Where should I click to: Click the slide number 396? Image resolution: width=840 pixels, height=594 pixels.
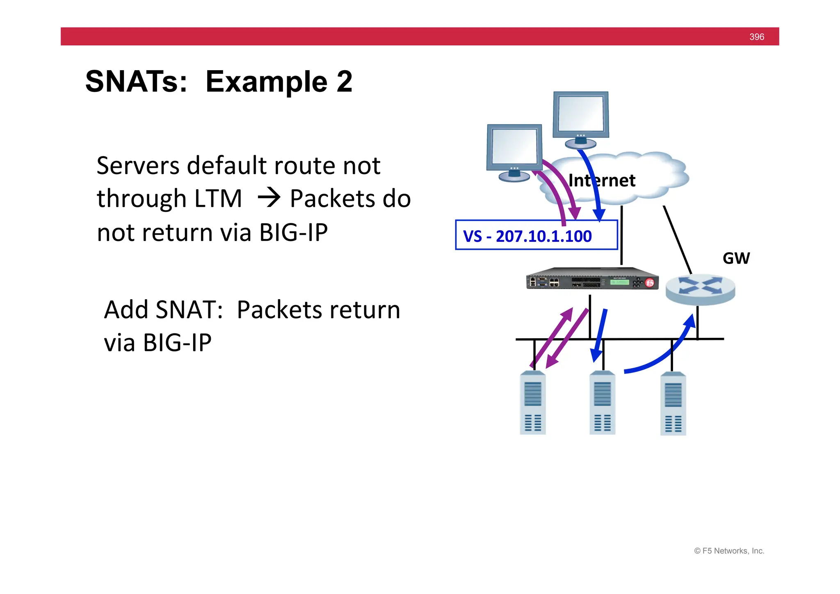point(756,37)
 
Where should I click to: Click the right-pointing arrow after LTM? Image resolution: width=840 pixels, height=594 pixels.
point(269,198)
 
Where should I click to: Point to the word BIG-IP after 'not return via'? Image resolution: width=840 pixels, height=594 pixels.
point(293,233)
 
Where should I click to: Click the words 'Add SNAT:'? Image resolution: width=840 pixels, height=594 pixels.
point(163,310)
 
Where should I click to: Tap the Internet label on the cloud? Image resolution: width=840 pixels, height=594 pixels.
point(602,181)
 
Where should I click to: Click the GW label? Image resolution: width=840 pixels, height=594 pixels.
point(736,259)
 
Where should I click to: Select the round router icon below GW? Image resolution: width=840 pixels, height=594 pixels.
point(700,289)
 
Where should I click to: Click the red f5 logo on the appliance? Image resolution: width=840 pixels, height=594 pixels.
point(650,283)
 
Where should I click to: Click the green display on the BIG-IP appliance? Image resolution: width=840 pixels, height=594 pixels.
point(620,282)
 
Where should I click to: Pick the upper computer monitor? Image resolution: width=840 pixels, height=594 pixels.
point(581,117)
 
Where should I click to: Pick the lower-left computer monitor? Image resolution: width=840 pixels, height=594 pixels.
point(514,150)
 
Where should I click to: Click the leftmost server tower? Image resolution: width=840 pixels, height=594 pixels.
point(532,403)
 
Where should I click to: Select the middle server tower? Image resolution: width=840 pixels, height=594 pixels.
point(602,403)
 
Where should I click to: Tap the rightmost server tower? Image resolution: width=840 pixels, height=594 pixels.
point(673,404)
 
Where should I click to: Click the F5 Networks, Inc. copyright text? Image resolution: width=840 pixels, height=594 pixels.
point(729,551)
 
